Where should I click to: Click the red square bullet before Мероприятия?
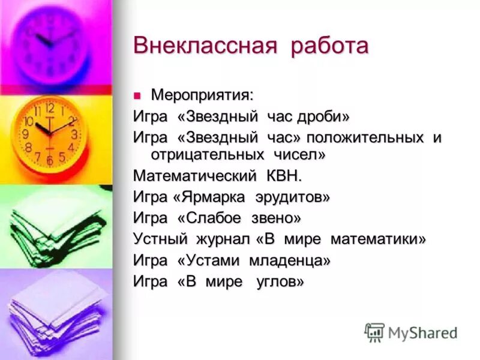137,94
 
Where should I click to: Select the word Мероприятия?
202,95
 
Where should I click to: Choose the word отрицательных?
204,155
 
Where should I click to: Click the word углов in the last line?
279,281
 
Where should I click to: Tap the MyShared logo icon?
374,332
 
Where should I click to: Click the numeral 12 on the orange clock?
49,109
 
